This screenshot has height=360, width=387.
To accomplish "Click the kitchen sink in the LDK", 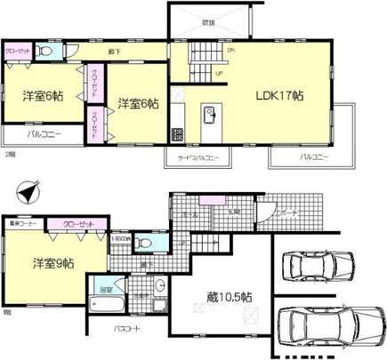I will [212, 116].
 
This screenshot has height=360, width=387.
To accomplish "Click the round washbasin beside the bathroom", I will [160, 286].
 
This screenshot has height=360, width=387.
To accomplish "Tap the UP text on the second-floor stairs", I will [219, 73].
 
